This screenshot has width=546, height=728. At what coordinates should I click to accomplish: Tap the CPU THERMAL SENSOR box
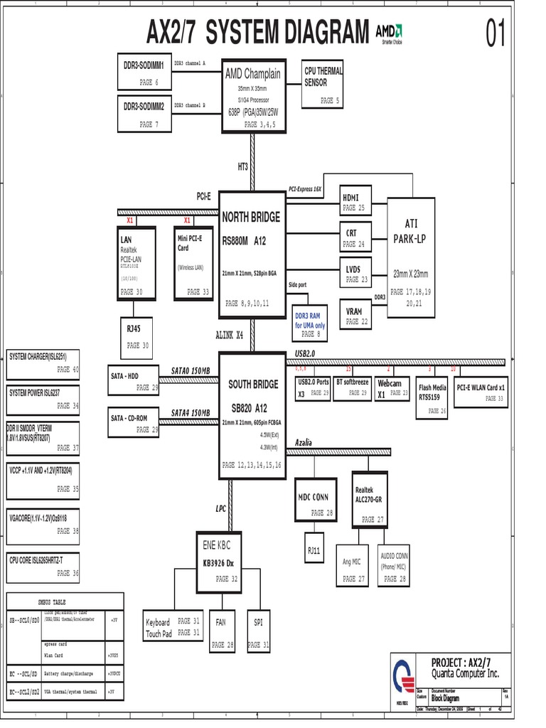coord(323,83)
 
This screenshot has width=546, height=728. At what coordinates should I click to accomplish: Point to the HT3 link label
coord(243,166)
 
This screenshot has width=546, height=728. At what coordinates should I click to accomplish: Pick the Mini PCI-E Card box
coord(193,262)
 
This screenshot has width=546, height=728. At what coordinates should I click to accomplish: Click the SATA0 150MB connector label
coord(191,370)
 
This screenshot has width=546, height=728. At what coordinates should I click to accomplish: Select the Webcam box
coord(392,387)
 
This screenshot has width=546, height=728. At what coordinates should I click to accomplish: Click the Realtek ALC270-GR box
coord(369,501)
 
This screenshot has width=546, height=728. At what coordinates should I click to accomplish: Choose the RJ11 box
coord(314,550)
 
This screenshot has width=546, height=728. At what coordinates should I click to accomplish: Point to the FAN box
coord(220,631)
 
